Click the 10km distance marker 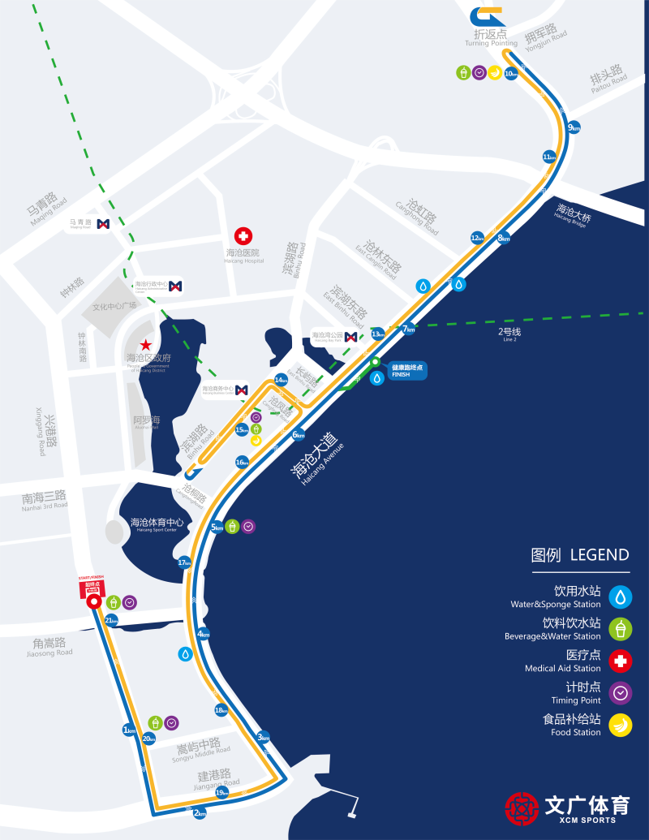coord(510,74)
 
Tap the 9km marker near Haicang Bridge coord(574,127)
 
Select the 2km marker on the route coord(200,813)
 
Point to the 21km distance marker coord(112,621)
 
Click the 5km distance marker coord(217,528)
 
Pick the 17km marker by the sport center coord(184,562)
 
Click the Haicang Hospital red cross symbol coord(243,235)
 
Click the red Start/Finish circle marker coord(93,602)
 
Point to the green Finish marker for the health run coord(376,362)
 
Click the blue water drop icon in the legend coord(621,597)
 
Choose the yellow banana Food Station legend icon coord(621,724)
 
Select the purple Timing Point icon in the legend coord(621,693)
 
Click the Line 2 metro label coord(509,334)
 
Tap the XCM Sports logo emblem coord(522,808)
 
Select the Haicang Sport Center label coord(157,523)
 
